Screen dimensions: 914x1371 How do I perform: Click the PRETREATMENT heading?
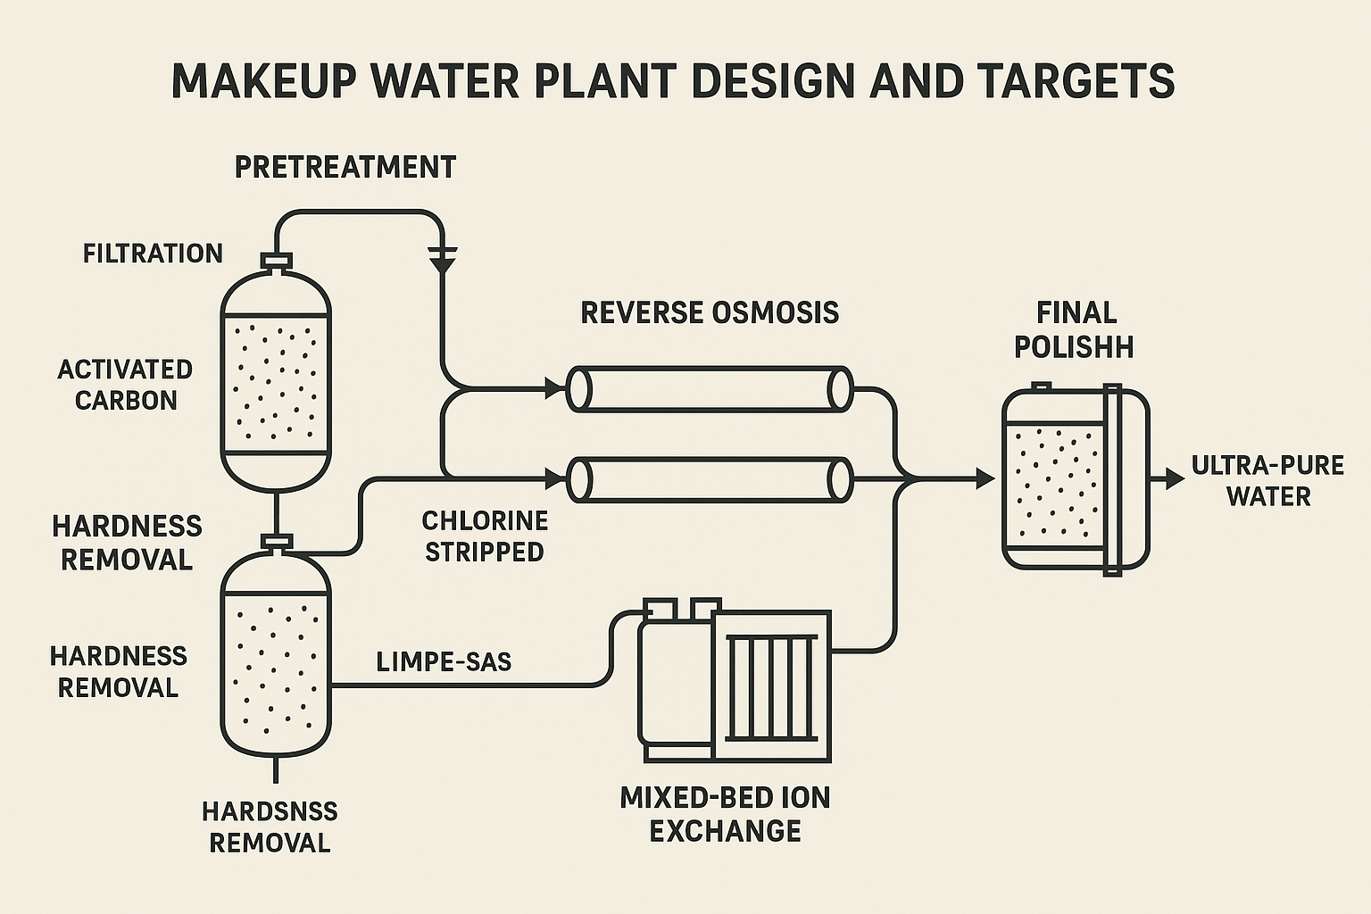pos(345,167)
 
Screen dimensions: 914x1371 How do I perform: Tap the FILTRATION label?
pos(153,253)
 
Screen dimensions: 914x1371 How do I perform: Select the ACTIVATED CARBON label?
pos(125,385)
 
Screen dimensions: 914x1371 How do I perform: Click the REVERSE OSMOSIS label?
pos(710,312)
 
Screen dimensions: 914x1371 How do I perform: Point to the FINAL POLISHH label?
pos(1075,329)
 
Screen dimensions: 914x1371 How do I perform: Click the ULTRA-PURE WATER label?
pos(1267,481)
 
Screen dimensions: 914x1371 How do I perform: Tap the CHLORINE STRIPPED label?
pos(485,536)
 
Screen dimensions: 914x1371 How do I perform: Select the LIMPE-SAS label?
pos(444,661)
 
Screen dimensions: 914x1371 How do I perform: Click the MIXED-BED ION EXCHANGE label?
pos(725,813)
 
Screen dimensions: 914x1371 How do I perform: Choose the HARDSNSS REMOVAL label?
pos(270,827)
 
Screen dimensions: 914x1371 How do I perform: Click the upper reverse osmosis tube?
pos(710,388)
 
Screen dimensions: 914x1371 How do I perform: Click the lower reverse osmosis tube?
pos(710,480)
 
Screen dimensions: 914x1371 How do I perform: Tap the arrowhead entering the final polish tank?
pos(985,479)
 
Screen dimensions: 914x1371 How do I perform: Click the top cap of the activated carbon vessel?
pos(276,261)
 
